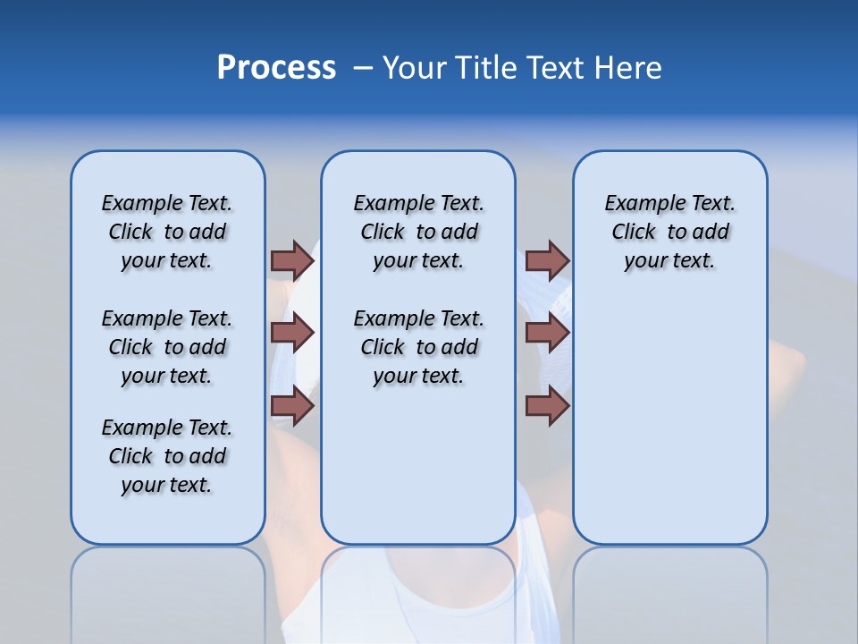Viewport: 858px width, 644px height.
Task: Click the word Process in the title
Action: (276, 68)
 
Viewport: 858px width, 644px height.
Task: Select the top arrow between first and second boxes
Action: (292, 260)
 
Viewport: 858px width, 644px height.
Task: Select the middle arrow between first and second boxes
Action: (292, 334)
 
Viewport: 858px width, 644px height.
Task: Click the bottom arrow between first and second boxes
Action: (292, 406)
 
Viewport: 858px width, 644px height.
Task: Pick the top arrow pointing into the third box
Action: (547, 260)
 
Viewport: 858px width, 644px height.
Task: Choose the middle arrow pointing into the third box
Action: (547, 334)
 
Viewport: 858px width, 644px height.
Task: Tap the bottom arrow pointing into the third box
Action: (547, 406)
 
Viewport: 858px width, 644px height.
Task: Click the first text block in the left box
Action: (167, 232)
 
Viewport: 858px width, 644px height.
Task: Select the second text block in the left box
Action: (167, 347)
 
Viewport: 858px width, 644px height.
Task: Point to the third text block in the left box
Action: (167, 456)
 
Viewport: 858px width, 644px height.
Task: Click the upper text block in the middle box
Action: (418, 232)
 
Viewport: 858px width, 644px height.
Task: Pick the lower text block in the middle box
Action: (418, 347)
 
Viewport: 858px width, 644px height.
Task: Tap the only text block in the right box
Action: (669, 232)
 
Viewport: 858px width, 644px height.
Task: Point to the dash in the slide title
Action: (363, 68)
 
